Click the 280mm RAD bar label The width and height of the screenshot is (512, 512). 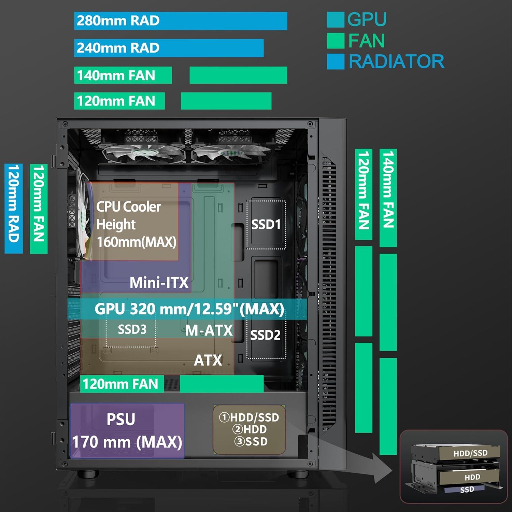pyautogui.click(x=118, y=21)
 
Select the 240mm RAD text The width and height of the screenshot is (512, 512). pyautogui.click(x=118, y=48)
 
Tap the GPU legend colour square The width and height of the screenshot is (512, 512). pyautogui.click(x=335, y=20)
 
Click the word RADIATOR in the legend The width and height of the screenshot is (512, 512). pyautogui.click(x=396, y=62)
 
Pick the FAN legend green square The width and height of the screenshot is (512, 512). pyautogui.click(x=335, y=41)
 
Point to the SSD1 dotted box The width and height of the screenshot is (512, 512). pyautogui.click(x=266, y=225)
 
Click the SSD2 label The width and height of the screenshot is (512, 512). pyautogui.click(x=265, y=335)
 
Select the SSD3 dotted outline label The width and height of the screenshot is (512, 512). pyautogui.click(x=132, y=330)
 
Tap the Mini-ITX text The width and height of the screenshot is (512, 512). pyautogui.click(x=159, y=283)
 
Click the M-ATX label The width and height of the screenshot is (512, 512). pyautogui.click(x=209, y=330)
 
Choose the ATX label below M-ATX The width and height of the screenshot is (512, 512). pyautogui.click(x=208, y=360)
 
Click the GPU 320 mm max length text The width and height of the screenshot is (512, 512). pyautogui.click(x=189, y=309)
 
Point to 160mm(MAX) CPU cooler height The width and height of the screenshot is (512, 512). pyautogui.click(x=137, y=242)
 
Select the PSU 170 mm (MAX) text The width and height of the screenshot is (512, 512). pyautogui.click(x=127, y=442)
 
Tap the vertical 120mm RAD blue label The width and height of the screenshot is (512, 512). pyautogui.click(x=13, y=208)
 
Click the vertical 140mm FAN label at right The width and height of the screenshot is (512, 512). pyautogui.click(x=388, y=190)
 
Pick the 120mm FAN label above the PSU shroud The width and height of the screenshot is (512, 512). pyautogui.click(x=120, y=384)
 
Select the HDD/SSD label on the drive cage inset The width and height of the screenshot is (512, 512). pyautogui.click(x=470, y=453)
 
